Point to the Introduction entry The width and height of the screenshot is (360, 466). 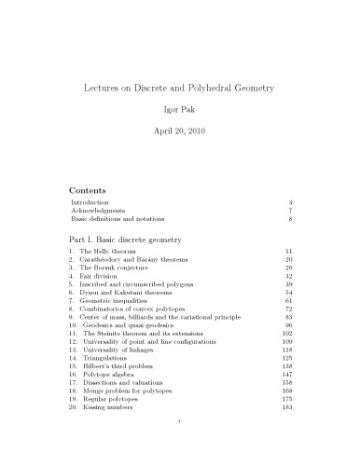point(90,201)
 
